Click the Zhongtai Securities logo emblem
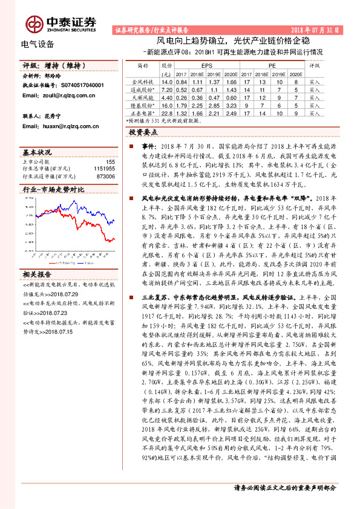point(34,24)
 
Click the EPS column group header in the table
point(207,64)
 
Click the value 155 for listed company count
point(110,161)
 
